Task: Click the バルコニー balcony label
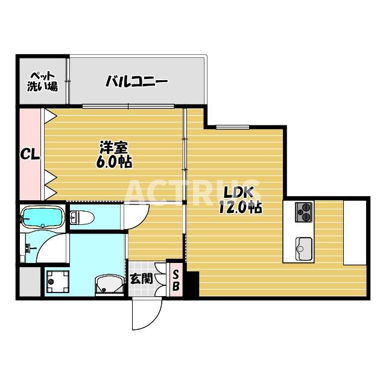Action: tap(136, 82)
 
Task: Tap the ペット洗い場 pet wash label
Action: tap(42, 81)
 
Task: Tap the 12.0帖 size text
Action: tap(239, 207)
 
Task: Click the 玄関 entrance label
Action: tap(141, 279)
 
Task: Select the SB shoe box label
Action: tap(176, 280)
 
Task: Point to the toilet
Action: tap(83, 217)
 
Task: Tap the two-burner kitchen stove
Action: tap(304, 212)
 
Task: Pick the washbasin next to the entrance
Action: tap(109, 284)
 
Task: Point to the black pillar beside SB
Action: tap(191, 283)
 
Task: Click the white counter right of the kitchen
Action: tap(354, 232)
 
